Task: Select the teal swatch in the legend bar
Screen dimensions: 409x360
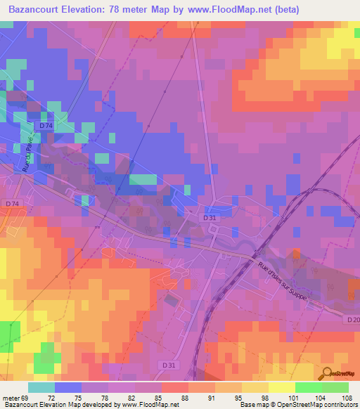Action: (41, 387)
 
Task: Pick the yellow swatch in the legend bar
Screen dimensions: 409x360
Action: (282, 387)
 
